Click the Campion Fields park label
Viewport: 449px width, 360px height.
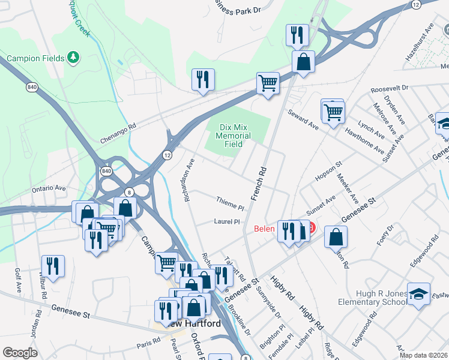coord(32,59)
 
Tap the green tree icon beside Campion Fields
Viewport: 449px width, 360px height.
coord(73,58)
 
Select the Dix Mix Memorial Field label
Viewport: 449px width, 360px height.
coord(234,136)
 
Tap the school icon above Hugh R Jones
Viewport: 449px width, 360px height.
coord(418,293)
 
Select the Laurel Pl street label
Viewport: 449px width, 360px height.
coord(227,221)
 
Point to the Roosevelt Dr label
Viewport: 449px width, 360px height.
coord(389,88)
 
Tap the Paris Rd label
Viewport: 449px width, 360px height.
coord(148,340)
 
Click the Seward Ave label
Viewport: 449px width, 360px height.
coord(302,119)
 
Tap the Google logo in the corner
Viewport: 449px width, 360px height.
coord(20,353)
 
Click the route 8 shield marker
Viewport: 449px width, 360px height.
coord(129,191)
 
